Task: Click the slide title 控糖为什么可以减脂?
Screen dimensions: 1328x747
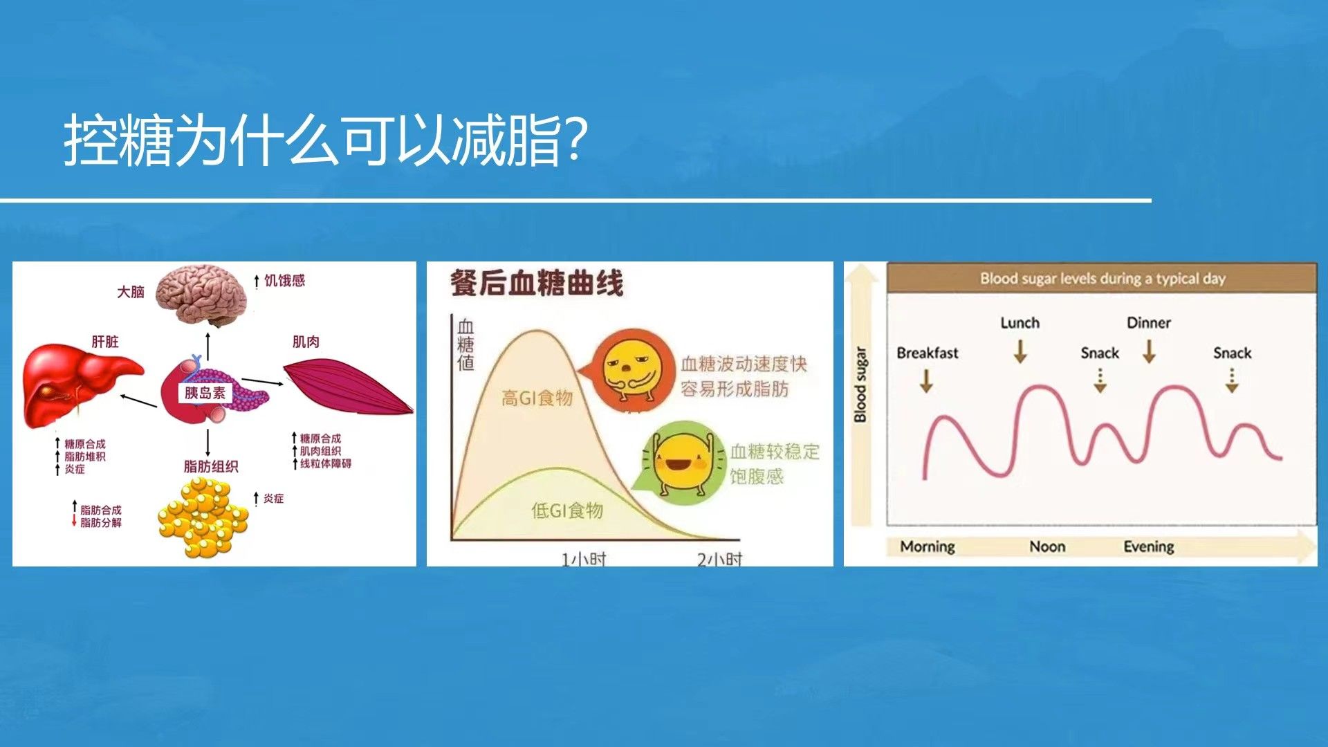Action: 326,140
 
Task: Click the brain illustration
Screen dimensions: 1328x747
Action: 201,295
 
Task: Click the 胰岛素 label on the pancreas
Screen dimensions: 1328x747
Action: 205,394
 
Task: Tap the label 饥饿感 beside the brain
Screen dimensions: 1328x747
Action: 284,280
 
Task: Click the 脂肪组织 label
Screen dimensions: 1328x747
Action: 211,467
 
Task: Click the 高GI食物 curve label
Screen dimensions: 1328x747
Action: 537,398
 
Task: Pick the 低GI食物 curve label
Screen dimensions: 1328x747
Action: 567,510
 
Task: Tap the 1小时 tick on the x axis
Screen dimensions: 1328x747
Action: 583,558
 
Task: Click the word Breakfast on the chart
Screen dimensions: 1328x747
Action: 928,353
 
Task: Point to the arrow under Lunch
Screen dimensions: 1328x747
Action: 1020,351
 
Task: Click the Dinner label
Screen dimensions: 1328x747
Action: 1149,322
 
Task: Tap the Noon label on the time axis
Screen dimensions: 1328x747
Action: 1047,546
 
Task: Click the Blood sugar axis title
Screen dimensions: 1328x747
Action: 860,385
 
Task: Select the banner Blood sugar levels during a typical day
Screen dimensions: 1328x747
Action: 1103,279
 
